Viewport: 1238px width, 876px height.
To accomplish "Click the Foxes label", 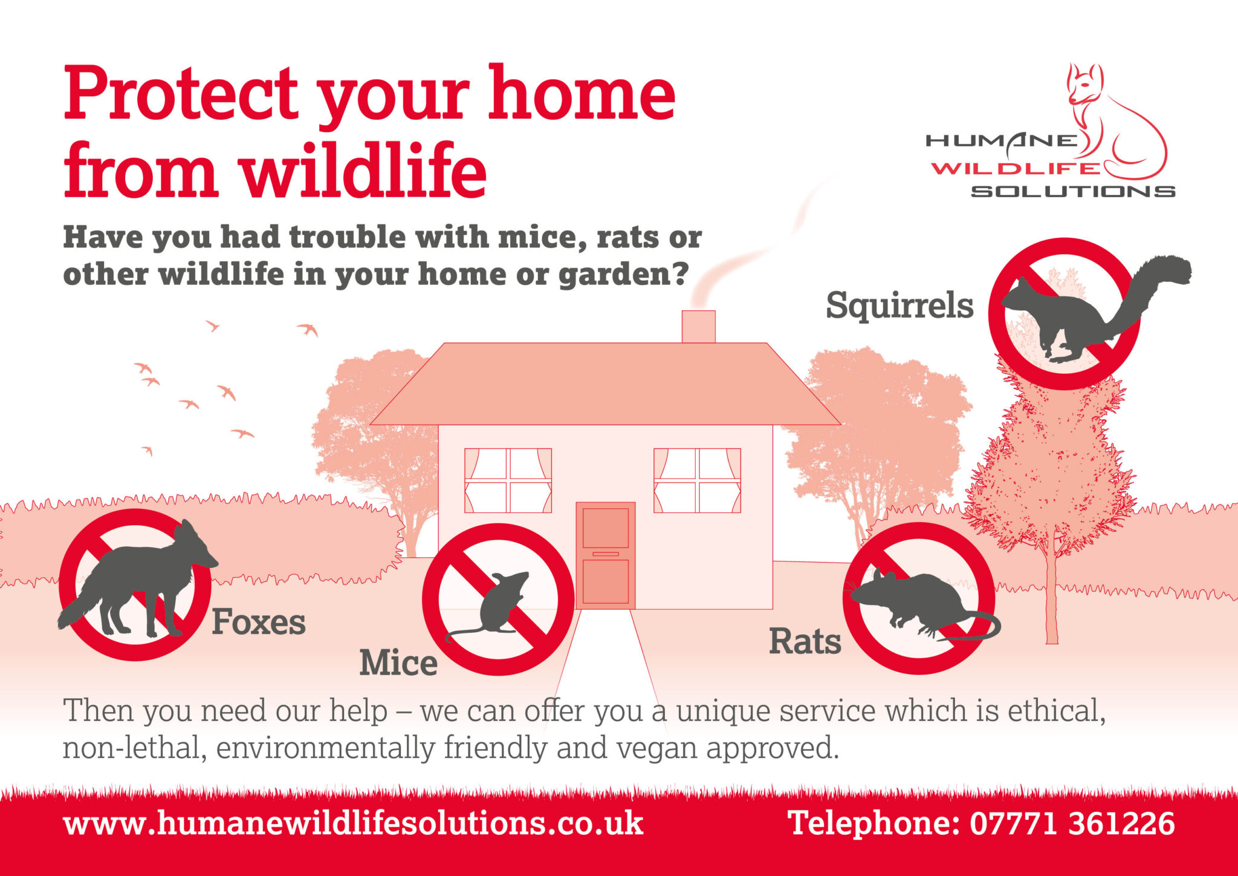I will click(x=259, y=623).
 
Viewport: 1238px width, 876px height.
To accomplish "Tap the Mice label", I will click(x=398, y=663).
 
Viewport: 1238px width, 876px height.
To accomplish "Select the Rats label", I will click(x=805, y=642).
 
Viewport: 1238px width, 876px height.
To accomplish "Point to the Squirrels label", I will click(x=899, y=306).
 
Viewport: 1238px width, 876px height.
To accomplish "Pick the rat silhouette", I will click(x=913, y=602).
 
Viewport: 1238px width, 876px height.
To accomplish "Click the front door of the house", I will click(x=605, y=555).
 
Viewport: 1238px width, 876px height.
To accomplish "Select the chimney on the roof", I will click(x=698, y=327).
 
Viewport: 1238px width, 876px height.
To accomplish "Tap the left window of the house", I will click(x=508, y=480).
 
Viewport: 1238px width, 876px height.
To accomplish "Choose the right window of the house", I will click(x=697, y=480).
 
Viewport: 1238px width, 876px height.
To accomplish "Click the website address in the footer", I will click(x=353, y=824).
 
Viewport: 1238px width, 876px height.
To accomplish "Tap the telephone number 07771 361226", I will click(x=1072, y=824).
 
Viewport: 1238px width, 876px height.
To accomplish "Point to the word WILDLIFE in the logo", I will click(x=1016, y=168).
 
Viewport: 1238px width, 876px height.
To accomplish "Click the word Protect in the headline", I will click(x=181, y=94).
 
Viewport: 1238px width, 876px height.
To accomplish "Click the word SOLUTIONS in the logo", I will click(x=1073, y=191).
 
